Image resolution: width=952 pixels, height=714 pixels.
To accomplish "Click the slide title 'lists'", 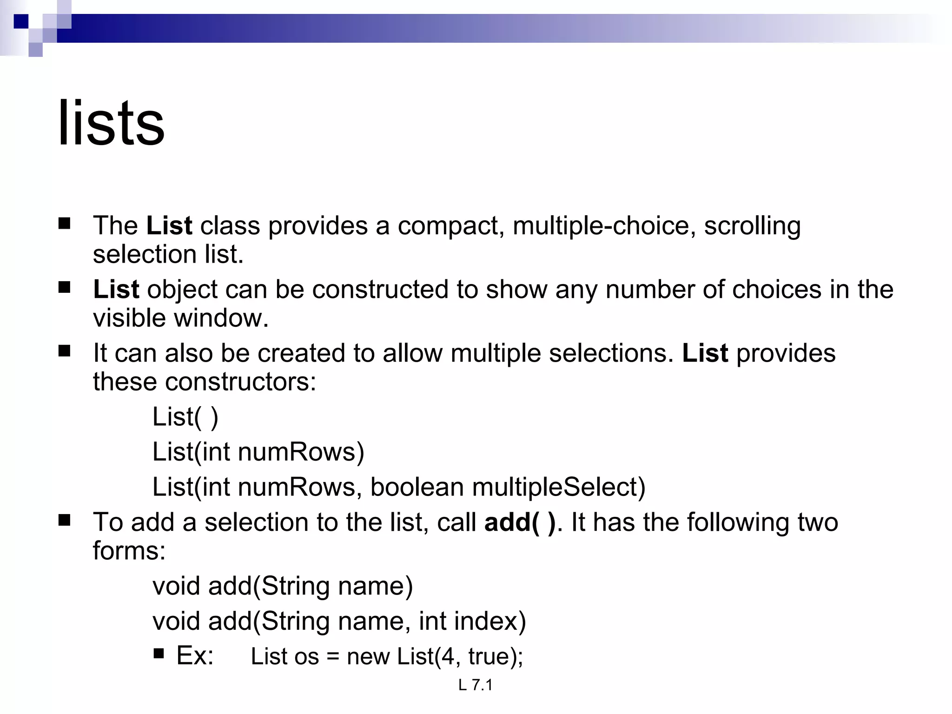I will click(111, 124).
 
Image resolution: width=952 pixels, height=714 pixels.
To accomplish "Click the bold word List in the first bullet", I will click(169, 226).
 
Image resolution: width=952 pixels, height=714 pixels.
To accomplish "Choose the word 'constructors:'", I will click(240, 382).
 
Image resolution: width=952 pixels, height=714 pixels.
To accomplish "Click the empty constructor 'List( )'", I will click(185, 417).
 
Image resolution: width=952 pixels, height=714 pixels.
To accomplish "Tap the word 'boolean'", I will click(416, 487).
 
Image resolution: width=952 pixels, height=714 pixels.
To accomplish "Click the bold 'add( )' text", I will click(519, 522).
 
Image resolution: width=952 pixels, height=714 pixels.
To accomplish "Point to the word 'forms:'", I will click(129, 551).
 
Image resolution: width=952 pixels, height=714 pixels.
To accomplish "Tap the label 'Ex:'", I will click(195, 656).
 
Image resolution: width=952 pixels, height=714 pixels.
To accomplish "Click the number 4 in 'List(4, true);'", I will click(447, 656).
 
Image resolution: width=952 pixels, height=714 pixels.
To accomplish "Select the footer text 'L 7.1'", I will click(475, 685).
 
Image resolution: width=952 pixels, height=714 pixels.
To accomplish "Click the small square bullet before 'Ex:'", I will click(159, 654).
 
